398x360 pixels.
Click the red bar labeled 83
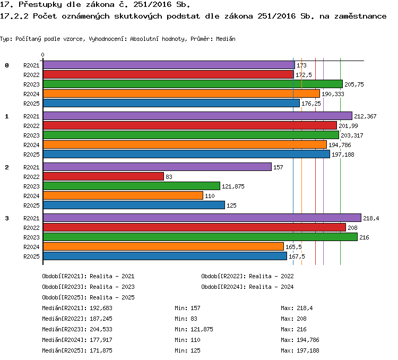pos(103,176)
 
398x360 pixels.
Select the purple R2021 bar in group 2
pos(158,167)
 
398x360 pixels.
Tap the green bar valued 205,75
pos(193,84)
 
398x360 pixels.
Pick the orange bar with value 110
pos(123,195)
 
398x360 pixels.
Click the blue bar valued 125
pos(134,205)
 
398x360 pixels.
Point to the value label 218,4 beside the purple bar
pos(371,218)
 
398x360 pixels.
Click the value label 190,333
pos(333,94)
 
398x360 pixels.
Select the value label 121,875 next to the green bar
pos(233,186)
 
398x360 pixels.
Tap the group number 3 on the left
pos(7,218)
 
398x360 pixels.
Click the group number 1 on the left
pos(7,116)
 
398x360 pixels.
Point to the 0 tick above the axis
pos(42,55)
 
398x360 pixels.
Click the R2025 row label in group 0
pos(31,104)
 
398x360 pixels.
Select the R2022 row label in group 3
pos(31,228)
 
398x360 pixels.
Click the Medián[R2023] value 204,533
pos(101,329)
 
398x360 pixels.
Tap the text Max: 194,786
pos(300,340)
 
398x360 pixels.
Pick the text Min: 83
pos(186,319)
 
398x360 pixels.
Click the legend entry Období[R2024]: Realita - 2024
pos(247,287)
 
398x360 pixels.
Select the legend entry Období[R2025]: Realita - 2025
pos(88,297)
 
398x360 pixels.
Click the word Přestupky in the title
pos(40,5)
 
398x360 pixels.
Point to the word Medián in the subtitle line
pos(226,39)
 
